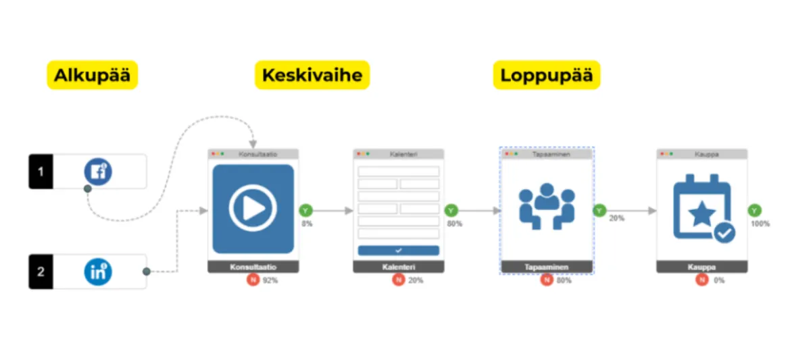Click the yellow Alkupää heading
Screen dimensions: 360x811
coord(91,75)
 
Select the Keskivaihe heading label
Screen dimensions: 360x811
coord(312,75)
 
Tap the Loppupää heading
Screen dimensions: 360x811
coord(546,75)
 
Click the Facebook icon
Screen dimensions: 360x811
coord(98,172)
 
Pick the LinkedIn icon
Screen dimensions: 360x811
coord(98,272)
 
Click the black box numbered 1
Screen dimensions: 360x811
coord(41,172)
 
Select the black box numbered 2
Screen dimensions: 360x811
coord(41,272)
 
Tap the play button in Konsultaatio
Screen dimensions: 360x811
coord(253,209)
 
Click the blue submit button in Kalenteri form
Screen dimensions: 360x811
coord(398,250)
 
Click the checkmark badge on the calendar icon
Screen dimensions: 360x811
coord(724,233)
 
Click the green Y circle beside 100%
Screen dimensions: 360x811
coord(754,211)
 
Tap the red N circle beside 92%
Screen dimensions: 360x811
coord(253,280)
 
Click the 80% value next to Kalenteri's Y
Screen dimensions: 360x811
coord(454,224)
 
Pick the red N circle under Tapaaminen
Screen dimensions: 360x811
coord(547,280)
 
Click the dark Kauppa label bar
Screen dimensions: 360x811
coord(702,267)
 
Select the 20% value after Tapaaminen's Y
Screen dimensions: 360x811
coord(616,219)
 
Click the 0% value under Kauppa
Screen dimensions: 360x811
coord(719,280)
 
